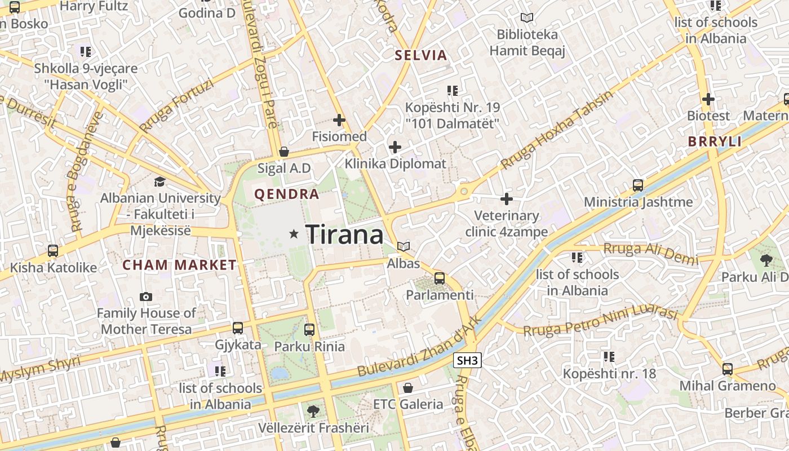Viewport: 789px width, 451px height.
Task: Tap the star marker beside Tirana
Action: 294,233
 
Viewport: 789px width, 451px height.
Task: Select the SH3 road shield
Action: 468,361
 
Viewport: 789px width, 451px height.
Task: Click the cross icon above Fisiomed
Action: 339,120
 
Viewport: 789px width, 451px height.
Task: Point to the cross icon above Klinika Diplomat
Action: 395,148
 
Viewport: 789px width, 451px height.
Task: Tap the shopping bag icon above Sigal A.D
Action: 284,152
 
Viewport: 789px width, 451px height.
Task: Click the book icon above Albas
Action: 404,246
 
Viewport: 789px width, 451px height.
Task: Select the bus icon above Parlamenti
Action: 440,278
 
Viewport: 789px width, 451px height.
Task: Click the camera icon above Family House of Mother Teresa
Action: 146,297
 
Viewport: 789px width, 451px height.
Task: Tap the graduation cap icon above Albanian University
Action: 160,182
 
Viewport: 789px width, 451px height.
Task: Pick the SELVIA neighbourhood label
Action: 421,55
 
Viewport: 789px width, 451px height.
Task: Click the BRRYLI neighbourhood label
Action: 715,142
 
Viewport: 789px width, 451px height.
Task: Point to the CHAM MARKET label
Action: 180,265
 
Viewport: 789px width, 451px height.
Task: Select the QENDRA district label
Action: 287,194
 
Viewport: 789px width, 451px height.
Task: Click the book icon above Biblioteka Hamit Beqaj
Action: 527,18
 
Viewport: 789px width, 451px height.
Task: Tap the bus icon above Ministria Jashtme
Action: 638,185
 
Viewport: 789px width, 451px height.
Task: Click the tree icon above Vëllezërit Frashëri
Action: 313,412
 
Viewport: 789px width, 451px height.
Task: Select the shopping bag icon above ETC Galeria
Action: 408,388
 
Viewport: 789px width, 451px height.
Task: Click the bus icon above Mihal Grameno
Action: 728,369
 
